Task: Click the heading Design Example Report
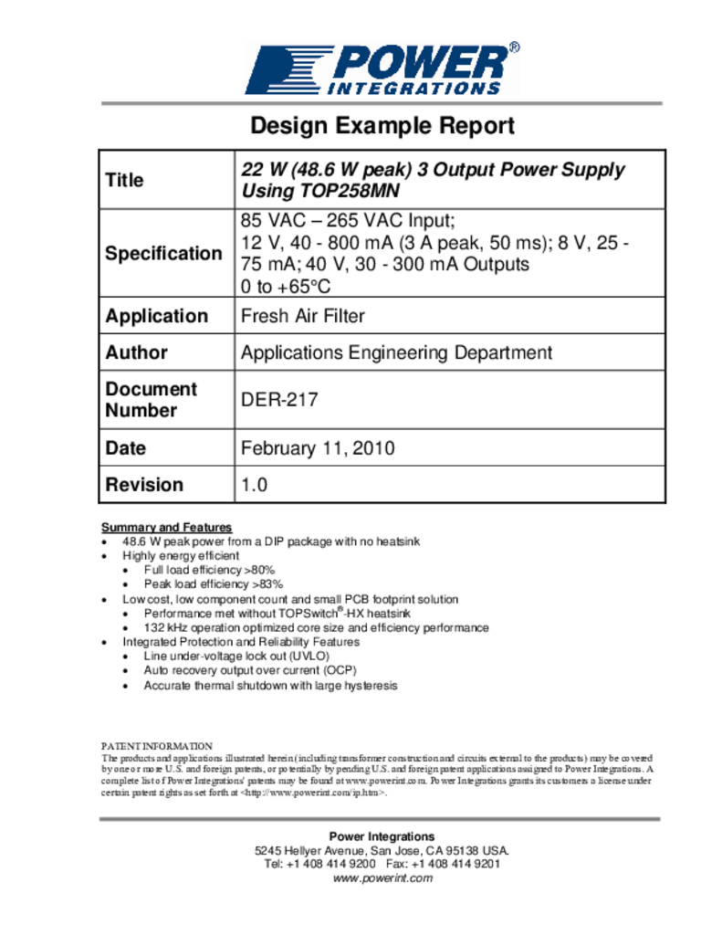pyautogui.click(x=382, y=125)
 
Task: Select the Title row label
pyautogui.click(x=125, y=180)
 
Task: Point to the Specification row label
pyautogui.click(x=163, y=253)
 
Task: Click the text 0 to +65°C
pyautogui.click(x=285, y=286)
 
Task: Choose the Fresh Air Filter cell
pyautogui.click(x=302, y=316)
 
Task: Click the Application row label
pyautogui.click(x=157, y=316)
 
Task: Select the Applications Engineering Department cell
pyautogui.click(x=396, y=352)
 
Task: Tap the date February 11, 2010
pyautogui.click(x=317, y=448)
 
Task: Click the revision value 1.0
pyautogui.click(x=254, y=485)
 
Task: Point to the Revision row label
pyautogui.click(x=144, y=485)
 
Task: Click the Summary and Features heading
pyautogui.click(x=166, y=528)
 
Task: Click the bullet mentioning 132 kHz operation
pyautogui.click(x=316, y=628)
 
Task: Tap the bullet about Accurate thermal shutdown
pyautogui.click(x=270, y=685)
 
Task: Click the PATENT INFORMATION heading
pyautogui.click(x=156, y=746)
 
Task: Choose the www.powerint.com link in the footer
pyautogui.click(x=382, y=878)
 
